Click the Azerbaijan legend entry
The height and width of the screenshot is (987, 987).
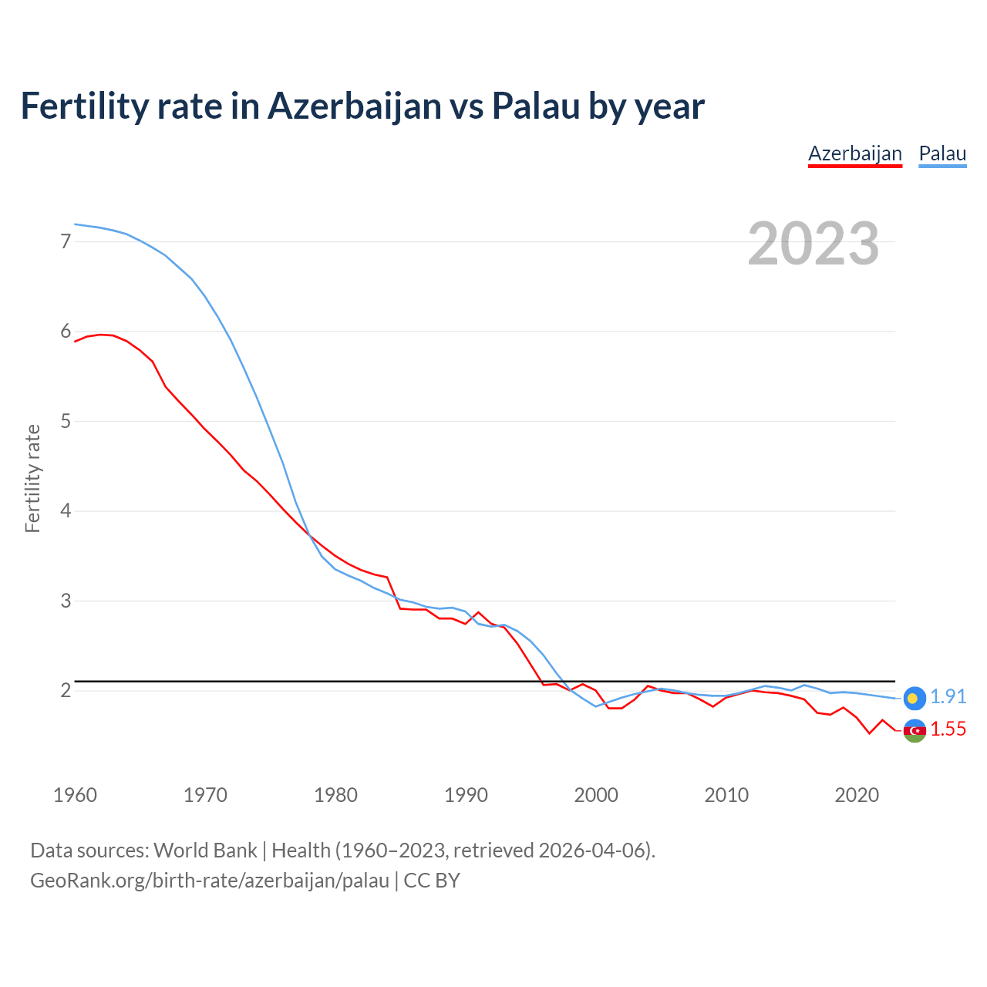854,153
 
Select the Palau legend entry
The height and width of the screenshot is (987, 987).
942,153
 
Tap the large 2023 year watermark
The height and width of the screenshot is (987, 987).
813,244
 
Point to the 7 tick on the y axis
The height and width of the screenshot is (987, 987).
66,241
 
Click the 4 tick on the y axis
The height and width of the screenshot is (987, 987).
66,510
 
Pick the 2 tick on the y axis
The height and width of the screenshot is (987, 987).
66,690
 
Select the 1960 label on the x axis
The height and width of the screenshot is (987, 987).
75,795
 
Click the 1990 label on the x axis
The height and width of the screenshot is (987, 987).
466,795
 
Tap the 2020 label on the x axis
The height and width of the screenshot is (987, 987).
857,795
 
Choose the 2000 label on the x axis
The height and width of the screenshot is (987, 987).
596,795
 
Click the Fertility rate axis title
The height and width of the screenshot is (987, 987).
32,478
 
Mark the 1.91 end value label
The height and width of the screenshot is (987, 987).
948,697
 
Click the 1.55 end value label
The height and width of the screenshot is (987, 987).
948,729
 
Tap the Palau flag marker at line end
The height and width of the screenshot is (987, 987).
915,698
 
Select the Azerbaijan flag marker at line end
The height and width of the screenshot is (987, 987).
915,730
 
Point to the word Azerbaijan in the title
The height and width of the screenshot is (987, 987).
354,106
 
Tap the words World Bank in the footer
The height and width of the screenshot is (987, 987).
205,851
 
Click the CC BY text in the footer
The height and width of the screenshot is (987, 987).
432,881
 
